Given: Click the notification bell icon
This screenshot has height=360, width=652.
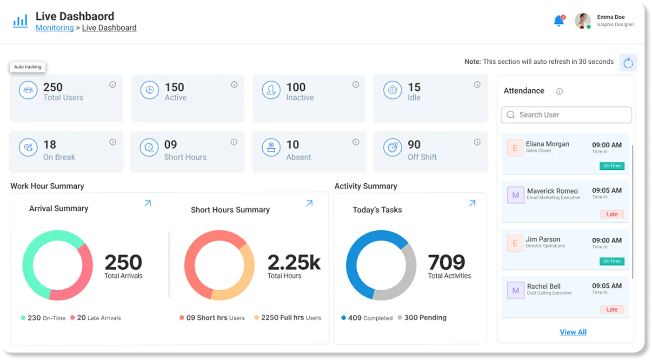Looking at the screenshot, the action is [559, 20].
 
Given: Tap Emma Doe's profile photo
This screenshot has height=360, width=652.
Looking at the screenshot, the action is [582, 20].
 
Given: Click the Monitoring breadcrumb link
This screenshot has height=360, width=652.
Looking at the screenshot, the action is [55, 28].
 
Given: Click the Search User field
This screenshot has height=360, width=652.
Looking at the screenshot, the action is [566, 115].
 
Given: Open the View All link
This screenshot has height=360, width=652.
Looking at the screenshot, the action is [573, 332].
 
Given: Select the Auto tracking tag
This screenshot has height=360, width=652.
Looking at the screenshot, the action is [27, 67].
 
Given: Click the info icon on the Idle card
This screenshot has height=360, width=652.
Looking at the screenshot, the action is [477, 85].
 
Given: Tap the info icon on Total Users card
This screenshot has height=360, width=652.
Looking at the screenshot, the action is [113, 85].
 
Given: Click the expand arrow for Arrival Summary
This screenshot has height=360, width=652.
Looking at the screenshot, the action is [147, 203].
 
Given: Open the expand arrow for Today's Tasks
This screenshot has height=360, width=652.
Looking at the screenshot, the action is [472, 203].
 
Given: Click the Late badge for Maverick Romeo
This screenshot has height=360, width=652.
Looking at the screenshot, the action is [612, 214].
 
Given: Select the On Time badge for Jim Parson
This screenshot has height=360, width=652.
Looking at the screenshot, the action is [612, 261].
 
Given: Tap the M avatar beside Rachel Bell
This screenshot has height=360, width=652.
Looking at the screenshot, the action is [515, 290].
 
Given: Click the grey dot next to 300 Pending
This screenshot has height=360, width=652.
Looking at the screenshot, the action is [400, 318].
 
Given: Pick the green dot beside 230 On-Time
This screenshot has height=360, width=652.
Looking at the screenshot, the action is [23, 318].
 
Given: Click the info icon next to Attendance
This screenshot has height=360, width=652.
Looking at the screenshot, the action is [559, 91].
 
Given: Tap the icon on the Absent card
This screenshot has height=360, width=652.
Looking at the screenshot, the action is [271, 147].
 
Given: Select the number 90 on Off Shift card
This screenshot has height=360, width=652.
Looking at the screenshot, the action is [414, 145].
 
